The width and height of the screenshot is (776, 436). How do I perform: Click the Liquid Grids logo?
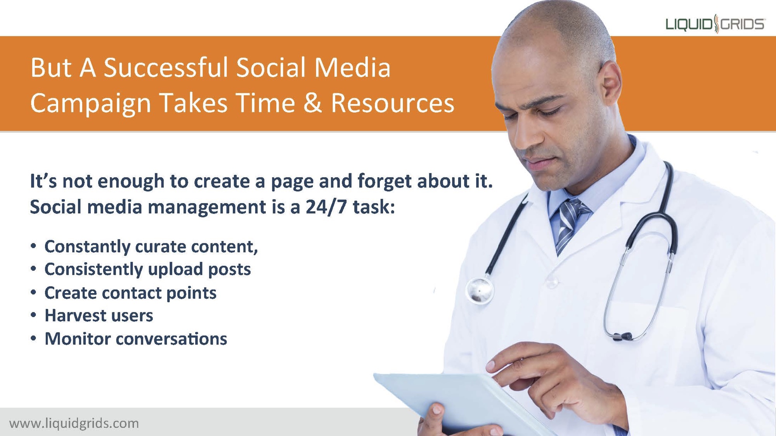(715, 24)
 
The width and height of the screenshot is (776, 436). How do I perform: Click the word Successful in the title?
(166, 67)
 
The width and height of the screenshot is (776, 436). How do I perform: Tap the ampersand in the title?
(313, 103)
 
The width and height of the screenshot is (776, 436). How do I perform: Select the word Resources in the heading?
(392, 103)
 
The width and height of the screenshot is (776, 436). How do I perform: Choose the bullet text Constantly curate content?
(151, 247)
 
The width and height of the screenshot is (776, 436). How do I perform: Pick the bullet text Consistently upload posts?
(148, 269)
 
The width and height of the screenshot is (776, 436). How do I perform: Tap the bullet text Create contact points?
(130, 293)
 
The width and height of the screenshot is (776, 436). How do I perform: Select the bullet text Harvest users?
(99, 315)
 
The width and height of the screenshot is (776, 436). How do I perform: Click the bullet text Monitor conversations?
(136, 339)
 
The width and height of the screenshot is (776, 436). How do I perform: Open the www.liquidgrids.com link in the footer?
(74, 423)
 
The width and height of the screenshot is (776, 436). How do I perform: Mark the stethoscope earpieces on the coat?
(624, 336)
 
